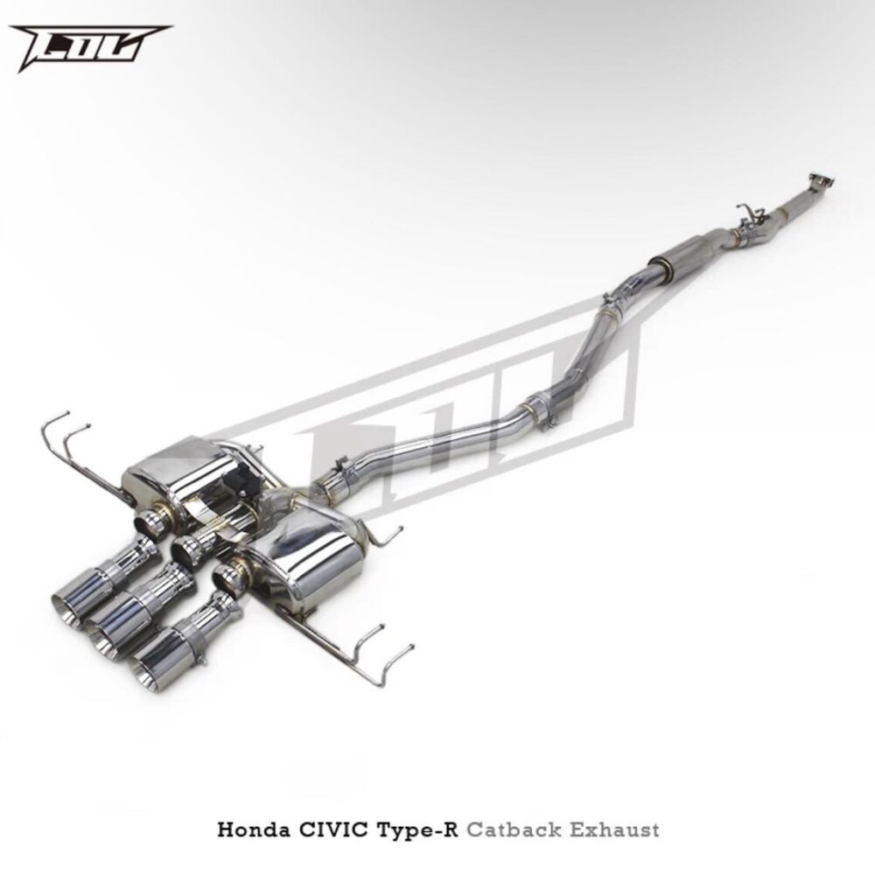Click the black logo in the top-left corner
pyautogui.click(x=89, y=47)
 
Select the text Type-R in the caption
pyautogui.click(x=416, y=830)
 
